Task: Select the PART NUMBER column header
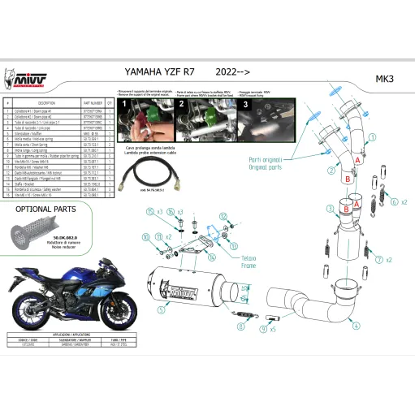(92, 104)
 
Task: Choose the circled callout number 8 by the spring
(240, 326)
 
